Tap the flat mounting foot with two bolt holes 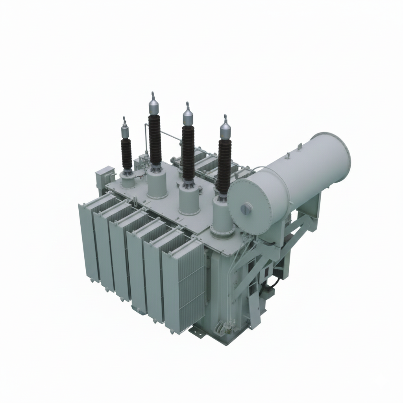197,333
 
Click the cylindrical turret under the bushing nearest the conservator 223,216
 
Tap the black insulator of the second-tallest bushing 188,152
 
